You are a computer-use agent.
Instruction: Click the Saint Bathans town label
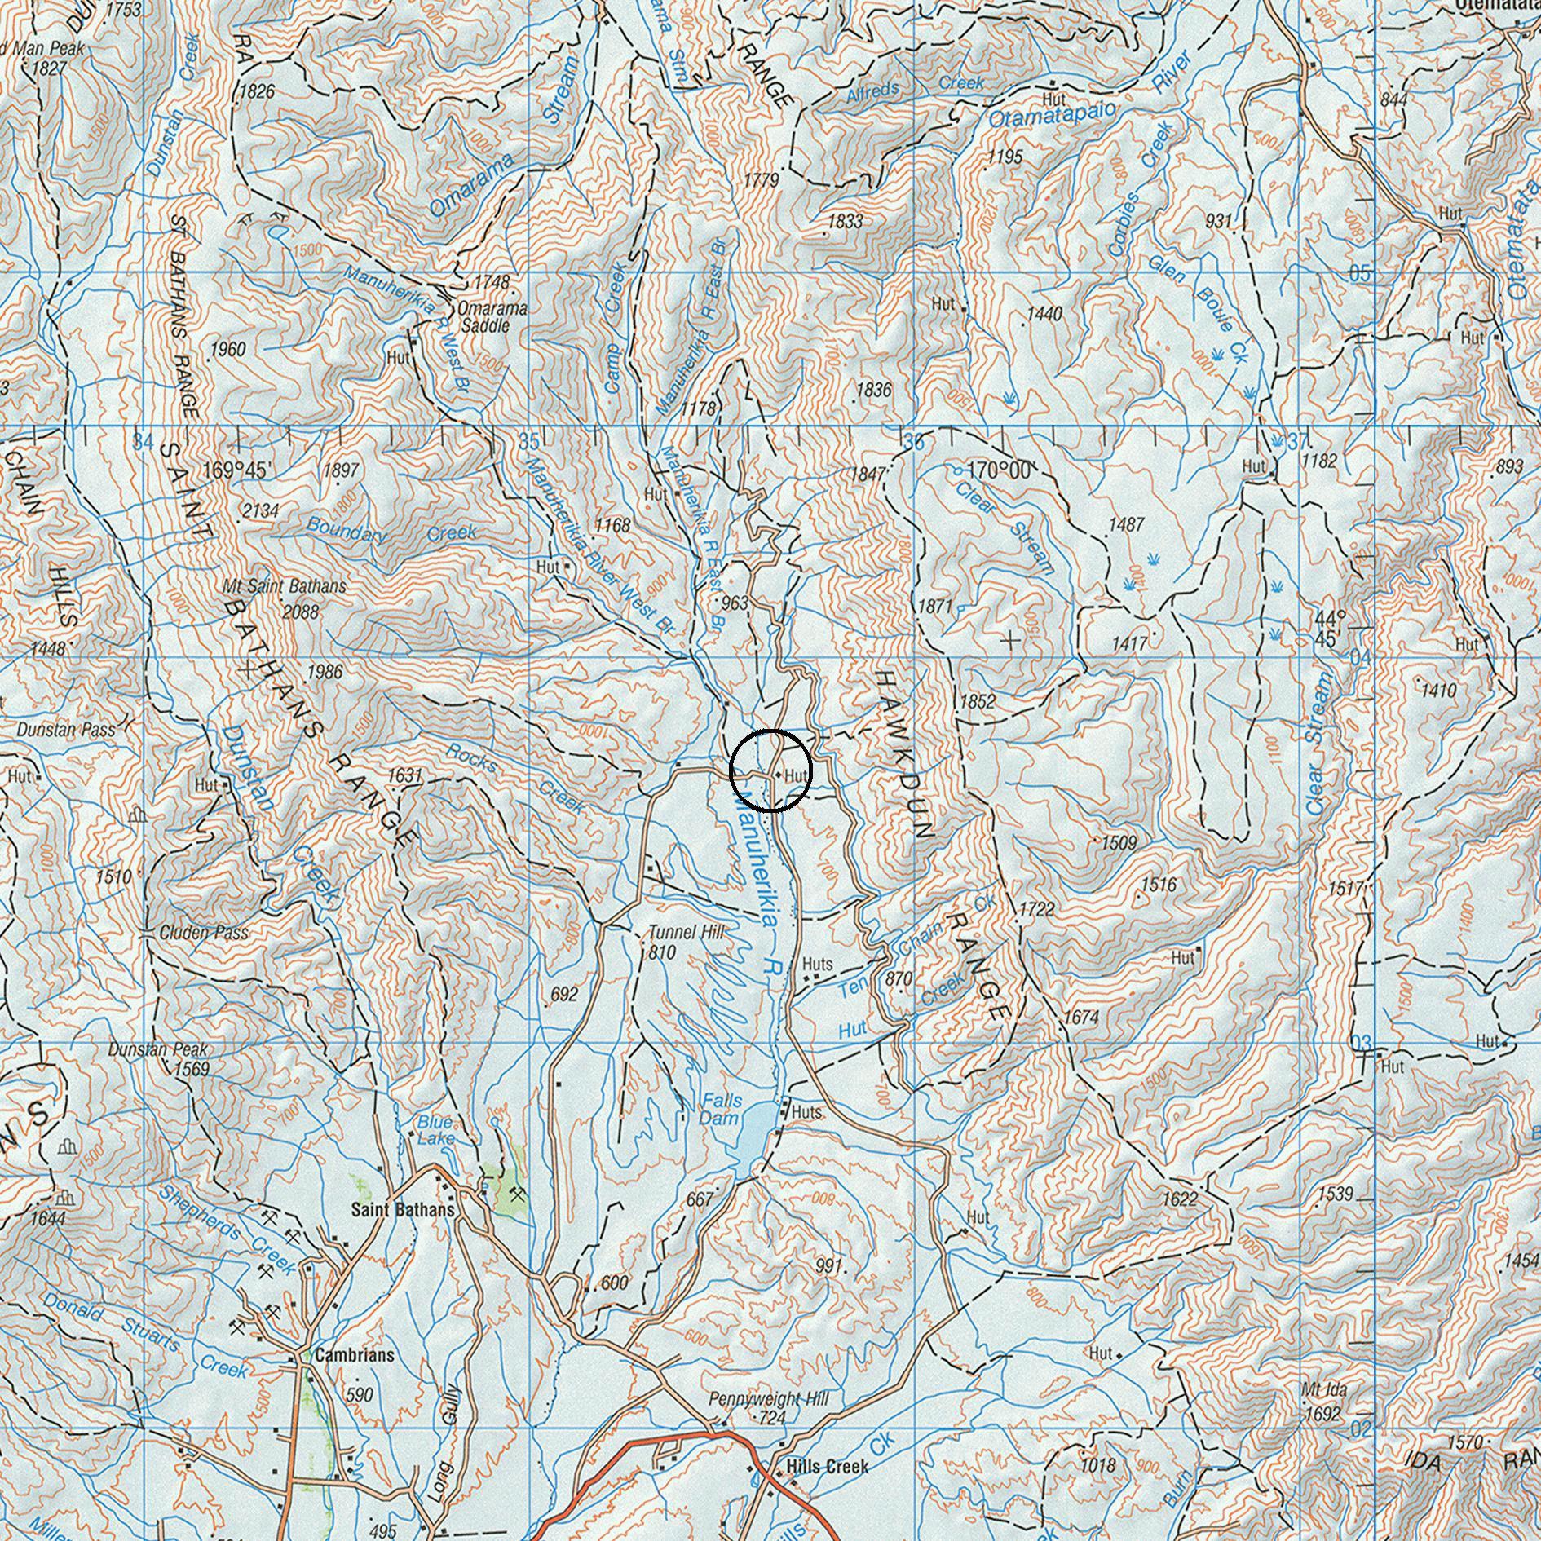click(x=402, y=1209)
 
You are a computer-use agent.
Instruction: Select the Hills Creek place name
click(x=827, y=1467)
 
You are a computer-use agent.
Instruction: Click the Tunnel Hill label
click(x=686, y=933)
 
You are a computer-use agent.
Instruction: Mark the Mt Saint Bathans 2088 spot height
click(x=299, y=612)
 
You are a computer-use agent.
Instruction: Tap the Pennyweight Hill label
click(x=768, y=1399)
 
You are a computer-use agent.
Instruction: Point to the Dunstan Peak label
click(x=158, y=1050)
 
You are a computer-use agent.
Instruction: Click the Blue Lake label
click(x=435, y=1130)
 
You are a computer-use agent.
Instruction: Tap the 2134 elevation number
click(x=261, y=511)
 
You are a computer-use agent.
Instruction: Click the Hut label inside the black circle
click(x=795, y=775)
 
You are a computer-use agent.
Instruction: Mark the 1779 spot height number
click(x=762, y=180)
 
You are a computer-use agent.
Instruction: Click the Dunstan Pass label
click(x=65, y=729)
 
